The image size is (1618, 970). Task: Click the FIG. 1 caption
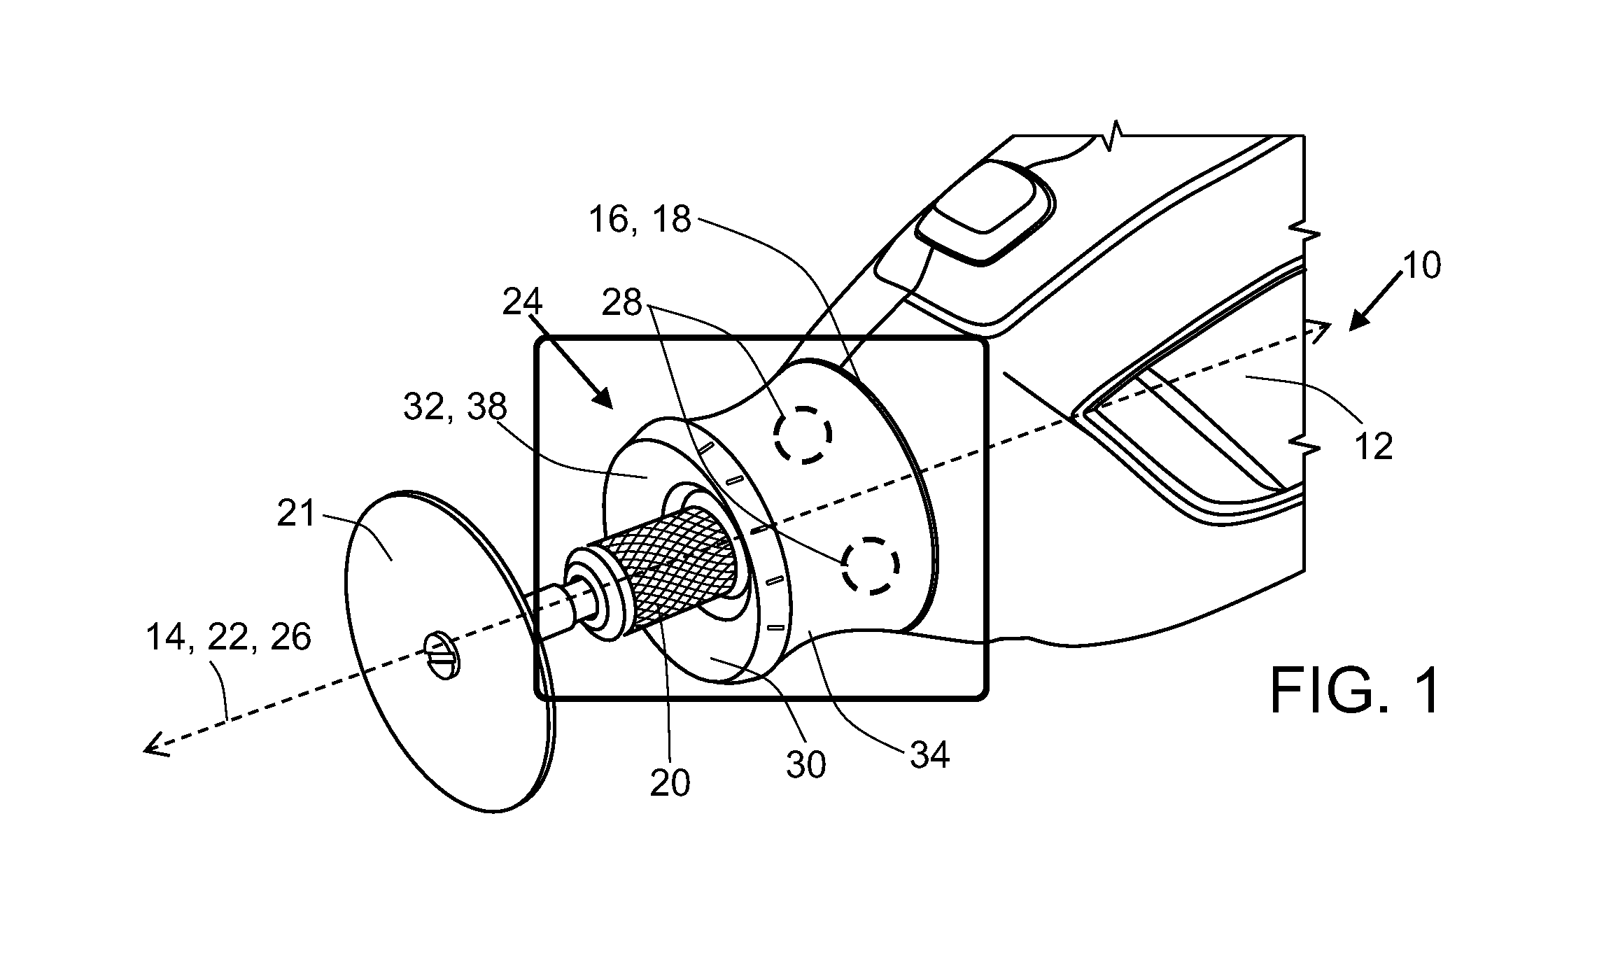[1356, 690]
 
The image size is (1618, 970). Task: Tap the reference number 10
[1421, 266]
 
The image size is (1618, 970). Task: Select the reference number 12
[1373, 446]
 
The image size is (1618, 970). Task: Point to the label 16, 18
[640, 220]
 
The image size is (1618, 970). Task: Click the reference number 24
[523, 303]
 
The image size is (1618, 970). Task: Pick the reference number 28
[622, 303]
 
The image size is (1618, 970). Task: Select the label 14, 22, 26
[229, 638]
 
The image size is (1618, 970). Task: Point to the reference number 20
[670, 783]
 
